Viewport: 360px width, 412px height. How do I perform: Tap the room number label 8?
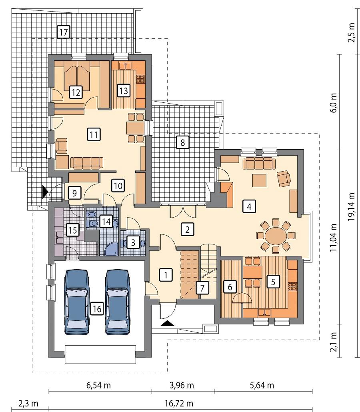(x=182, y=142)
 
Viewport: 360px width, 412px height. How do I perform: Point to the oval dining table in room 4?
(x=276, y=236)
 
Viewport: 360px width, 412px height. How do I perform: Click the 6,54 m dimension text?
(x=98, y=386)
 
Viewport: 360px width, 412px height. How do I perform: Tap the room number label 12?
(x=75, y=92)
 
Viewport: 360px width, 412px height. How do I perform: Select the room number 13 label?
(x=124, y=90)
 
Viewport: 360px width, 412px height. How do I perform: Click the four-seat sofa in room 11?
(x=86, y=162)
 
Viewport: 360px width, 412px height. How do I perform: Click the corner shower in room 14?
(x=110, y=250)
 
